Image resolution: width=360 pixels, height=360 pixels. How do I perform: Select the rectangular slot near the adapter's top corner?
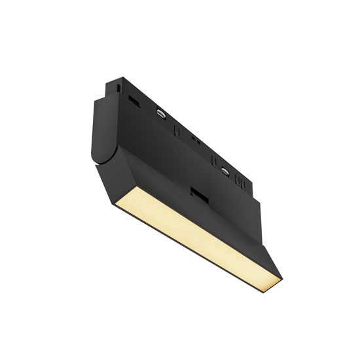pos(135,101)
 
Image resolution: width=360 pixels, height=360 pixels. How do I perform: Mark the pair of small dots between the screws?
pos(194,139)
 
